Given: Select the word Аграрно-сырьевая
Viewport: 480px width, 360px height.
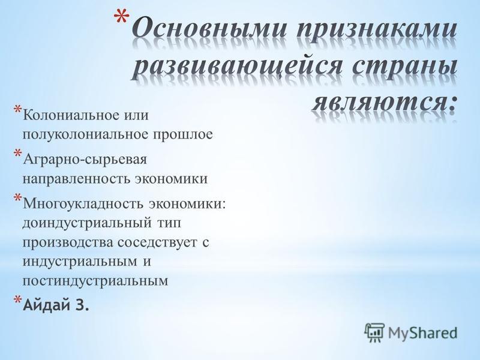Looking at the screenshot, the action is click(85, 160).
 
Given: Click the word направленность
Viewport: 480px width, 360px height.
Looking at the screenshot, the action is click(77, 179).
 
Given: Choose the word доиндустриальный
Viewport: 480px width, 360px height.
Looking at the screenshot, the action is click(86, 223).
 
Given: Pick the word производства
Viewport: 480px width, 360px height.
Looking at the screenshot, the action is click(68, 243).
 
